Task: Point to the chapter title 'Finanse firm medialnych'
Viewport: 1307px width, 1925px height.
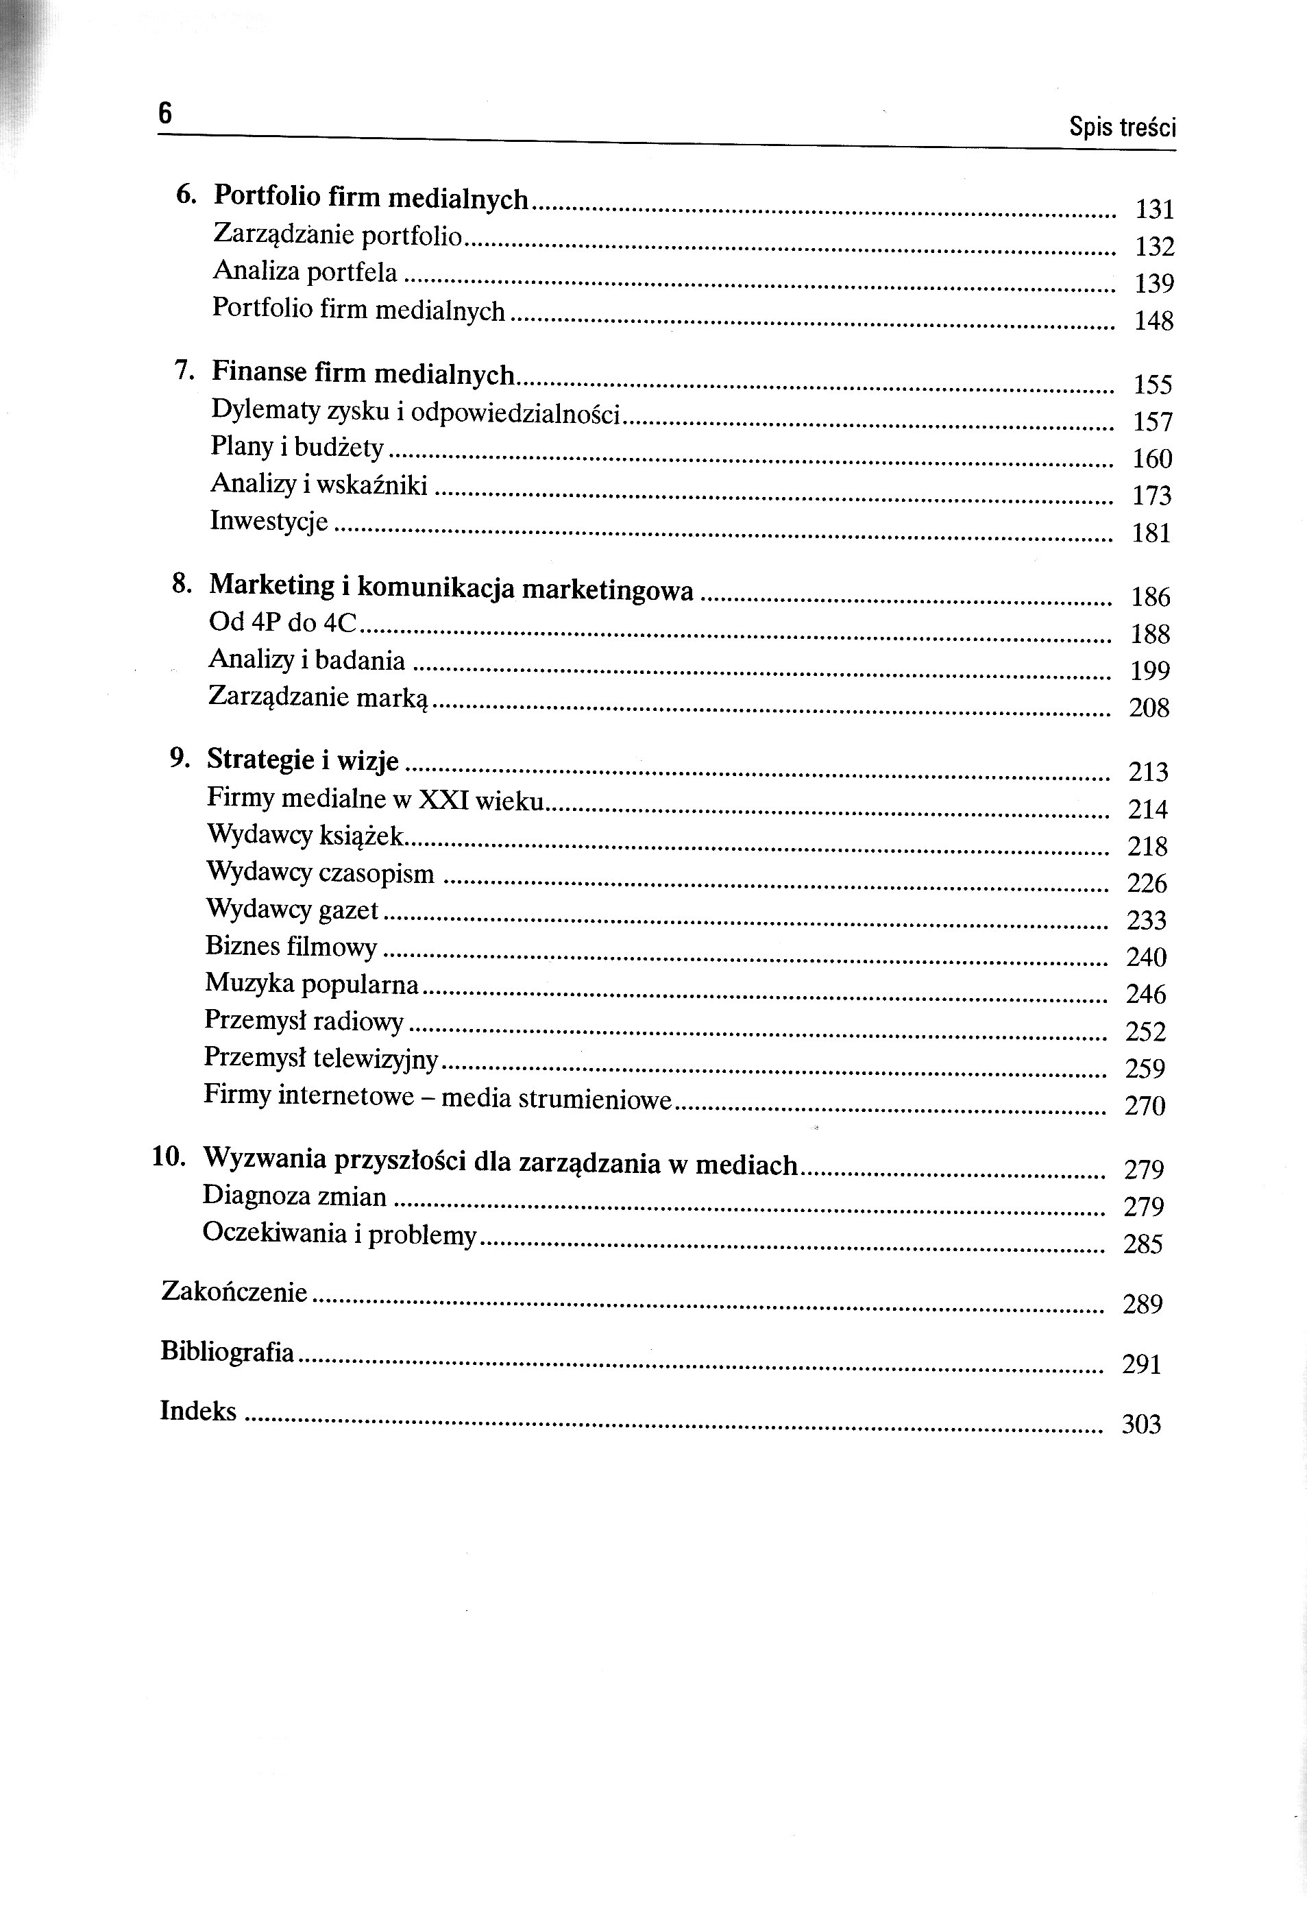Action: tap(363, 373)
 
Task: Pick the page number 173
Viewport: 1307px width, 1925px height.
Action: tap(1152, 496)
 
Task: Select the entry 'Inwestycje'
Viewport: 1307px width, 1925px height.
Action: tap(269, 521)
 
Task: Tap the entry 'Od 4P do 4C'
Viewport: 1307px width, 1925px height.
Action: tap(282, 622)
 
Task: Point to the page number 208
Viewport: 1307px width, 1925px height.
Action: tap(1149, 707)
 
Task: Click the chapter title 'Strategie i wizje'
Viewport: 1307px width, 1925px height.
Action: tap(302, 760)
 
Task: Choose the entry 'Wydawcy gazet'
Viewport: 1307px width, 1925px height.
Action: tap(291, 910)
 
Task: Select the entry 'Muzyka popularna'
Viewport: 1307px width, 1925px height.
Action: tap(311, 984)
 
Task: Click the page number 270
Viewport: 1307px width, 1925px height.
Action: tap(1145, 1106)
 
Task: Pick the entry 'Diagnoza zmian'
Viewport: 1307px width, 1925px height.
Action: tap(294, 1196)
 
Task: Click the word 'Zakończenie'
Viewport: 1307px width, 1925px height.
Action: tap(234, 1292)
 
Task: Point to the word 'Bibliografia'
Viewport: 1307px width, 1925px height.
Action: tap(227, 1351)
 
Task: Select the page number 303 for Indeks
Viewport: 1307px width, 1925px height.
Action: tap(1141, 1424)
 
